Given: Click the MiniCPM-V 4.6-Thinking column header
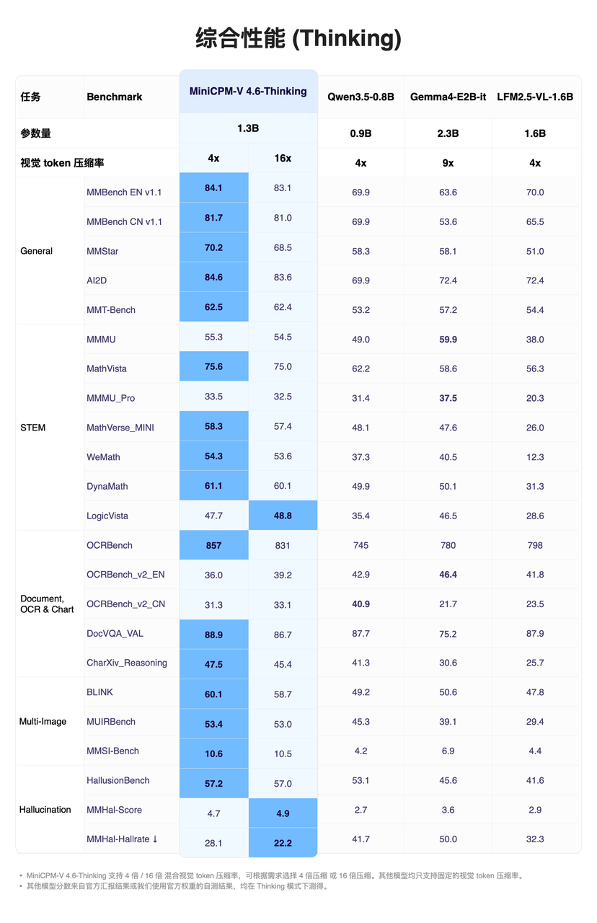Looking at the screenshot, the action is point(248,91).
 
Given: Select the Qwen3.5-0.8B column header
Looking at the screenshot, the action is point(361,97).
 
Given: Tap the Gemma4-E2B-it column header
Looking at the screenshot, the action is point(448,97).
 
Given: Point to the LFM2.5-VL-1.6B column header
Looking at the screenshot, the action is point(535,97).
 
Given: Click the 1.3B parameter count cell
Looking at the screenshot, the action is point(248,128).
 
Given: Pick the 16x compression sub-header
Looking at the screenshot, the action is point(283,158).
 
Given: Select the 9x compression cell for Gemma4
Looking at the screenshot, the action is point(448,163).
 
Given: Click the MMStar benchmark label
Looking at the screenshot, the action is point(102,251).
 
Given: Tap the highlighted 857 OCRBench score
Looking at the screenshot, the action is point(213,545).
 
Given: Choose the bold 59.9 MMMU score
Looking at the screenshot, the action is point(448,339).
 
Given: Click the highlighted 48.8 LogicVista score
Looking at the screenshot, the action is point(283,516).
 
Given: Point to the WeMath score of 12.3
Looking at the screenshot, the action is point(535,457).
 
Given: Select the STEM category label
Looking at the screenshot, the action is point(32,428).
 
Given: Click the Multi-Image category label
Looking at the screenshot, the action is point(43,722).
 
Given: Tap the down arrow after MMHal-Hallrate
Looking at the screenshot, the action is point(155,839).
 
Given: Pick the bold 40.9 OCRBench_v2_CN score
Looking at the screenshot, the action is point(361,604).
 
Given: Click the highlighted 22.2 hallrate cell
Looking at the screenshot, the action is point(283,843).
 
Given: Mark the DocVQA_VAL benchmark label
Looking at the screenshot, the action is point(115,633).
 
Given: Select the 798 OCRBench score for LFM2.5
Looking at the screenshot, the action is point(535,545).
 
